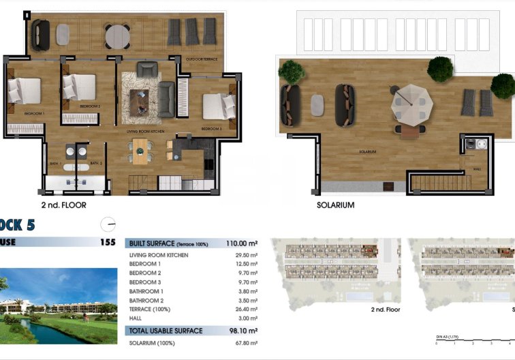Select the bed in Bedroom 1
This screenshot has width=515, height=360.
point(25,89)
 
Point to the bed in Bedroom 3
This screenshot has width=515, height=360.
point(219,106)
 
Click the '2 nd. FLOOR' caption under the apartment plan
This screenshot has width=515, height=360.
point(63,205)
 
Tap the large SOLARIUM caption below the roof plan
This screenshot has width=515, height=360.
point(335,205)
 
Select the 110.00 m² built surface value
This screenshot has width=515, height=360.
point(242,243)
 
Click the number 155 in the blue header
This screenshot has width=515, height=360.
point(108,241)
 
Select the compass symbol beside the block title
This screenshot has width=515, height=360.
point(108,224)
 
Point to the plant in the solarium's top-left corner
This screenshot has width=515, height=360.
point(292,72)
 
